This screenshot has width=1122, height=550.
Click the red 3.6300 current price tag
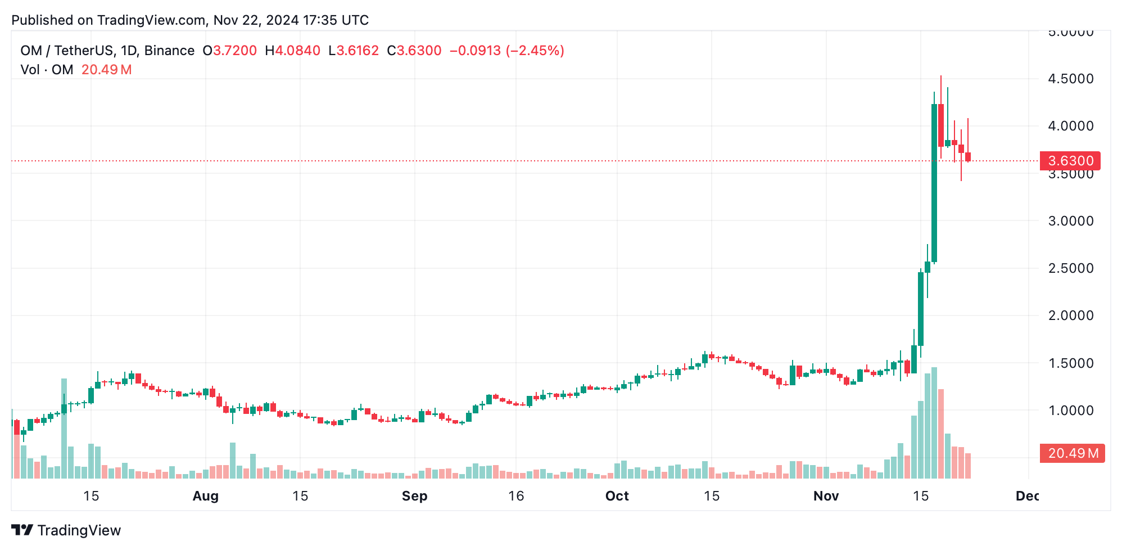point(1070,161)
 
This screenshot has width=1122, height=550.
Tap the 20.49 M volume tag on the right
point(1072,453)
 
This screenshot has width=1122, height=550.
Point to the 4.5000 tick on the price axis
point(1070,79)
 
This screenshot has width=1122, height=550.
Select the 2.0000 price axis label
point(1070,315)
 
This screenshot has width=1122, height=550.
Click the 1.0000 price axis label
point(1070,411)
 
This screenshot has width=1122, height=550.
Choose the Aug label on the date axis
point(205,496)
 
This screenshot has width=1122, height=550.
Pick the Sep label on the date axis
point(414,496)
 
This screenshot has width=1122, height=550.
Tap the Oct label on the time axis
point(617,496)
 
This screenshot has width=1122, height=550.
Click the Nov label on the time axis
point(826,496)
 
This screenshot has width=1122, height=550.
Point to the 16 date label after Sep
point(515,496)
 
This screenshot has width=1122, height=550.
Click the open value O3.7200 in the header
point(229,51)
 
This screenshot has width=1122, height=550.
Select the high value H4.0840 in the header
point(292,51)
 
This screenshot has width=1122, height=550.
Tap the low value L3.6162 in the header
point(354,51)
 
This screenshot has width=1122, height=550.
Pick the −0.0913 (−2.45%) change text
point(506,51)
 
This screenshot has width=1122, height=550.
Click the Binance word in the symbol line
point(169,51)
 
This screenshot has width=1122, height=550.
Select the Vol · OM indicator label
point(47,70)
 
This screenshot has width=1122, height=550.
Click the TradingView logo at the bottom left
point(66,530)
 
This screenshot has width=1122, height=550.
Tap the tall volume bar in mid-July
point(64,429)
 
